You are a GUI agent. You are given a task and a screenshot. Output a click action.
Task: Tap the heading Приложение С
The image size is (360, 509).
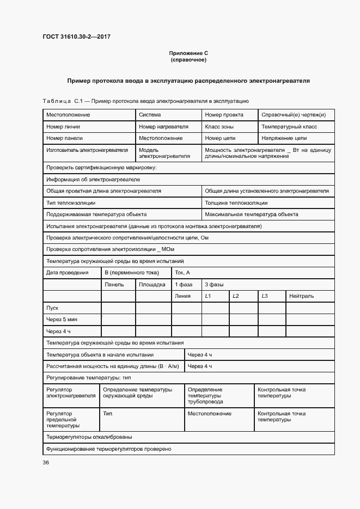[x=188, y=53]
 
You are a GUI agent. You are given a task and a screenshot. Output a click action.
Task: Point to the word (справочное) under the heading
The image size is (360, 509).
[x=188, y=60]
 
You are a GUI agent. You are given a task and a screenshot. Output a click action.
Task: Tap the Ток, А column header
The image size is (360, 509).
[x=182, y=272]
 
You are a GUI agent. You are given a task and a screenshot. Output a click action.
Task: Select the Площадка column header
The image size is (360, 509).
[x=152, y=284]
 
